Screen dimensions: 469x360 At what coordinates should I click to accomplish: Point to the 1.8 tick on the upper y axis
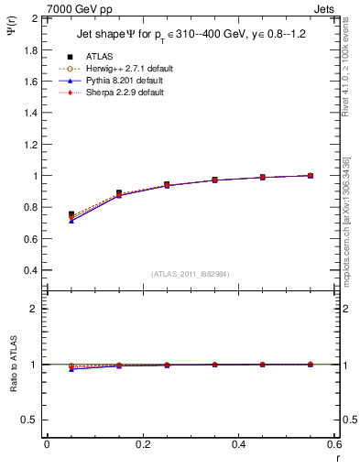(29, 49)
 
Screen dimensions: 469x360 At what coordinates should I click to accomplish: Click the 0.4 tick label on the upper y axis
(29, 270)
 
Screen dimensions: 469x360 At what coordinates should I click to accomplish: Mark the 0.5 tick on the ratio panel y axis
(29, 420)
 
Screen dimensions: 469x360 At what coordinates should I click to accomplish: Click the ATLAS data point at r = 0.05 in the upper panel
(71, 214)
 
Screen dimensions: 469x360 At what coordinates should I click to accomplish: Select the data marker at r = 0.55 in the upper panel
(311, 175)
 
